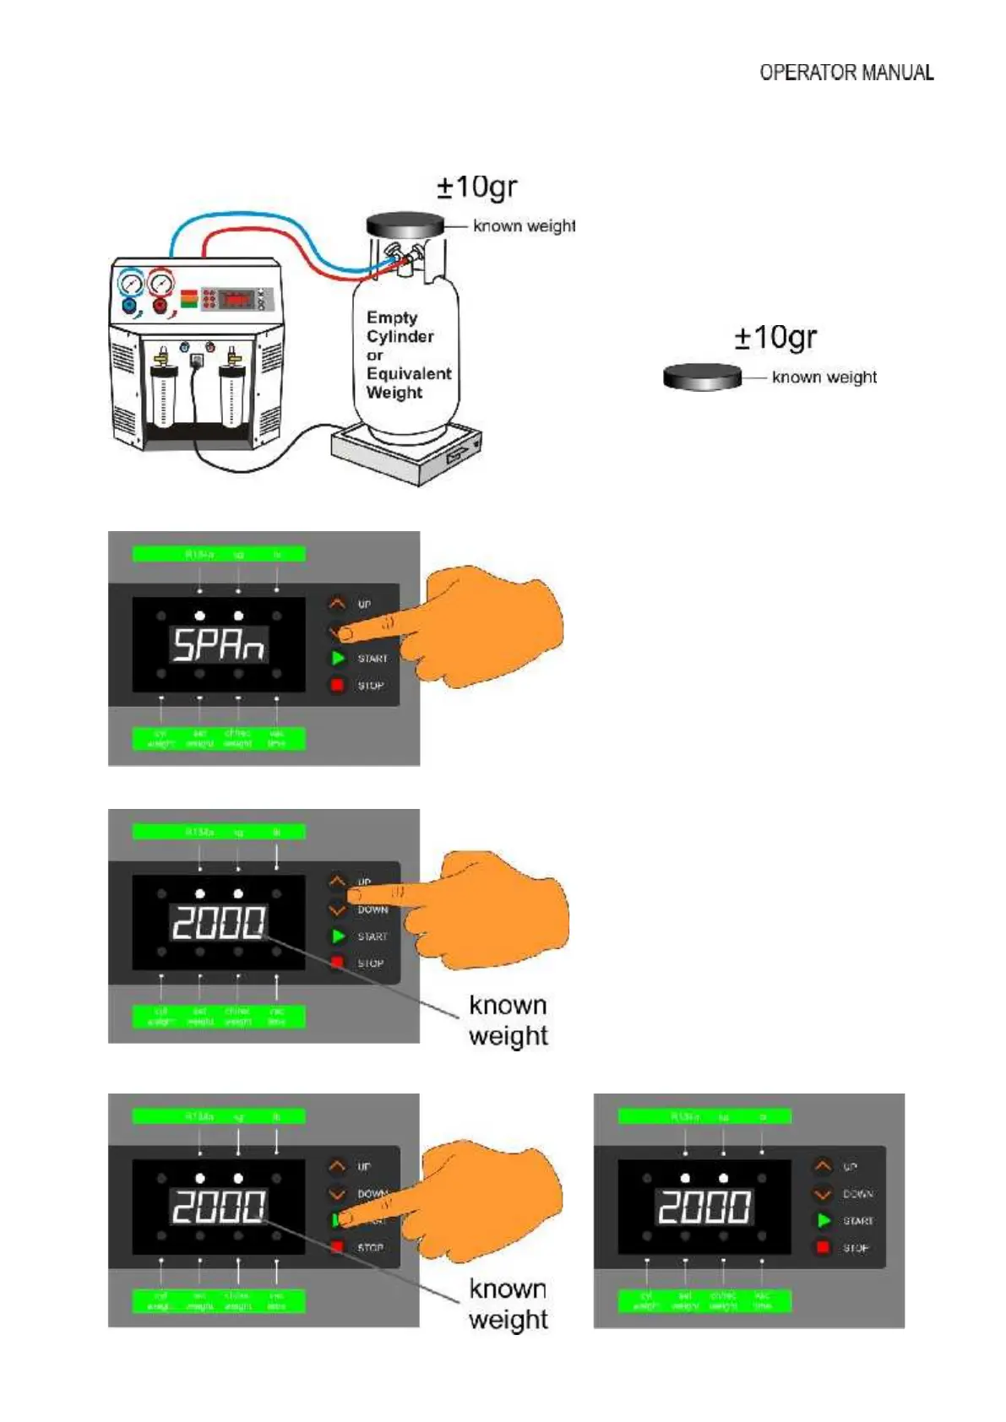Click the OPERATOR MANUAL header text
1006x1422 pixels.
[846, 73]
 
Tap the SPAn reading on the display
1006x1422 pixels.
[219, 646]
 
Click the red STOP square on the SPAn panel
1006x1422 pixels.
[337, 685]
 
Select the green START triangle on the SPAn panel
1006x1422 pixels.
[338, 658]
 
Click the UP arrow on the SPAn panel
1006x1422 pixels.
[337, 604]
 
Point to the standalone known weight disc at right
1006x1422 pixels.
[702, 377]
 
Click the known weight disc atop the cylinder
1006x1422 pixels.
[405, 225]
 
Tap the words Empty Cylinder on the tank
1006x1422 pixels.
[400, 327]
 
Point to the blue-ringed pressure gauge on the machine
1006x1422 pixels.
[132, 283]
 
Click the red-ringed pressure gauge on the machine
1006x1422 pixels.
[160, 283]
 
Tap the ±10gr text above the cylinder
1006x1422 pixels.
[476, 187]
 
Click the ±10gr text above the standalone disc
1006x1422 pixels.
[775, 338]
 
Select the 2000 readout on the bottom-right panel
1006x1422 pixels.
[704, 1207]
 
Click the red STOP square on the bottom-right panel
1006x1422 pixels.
[823, 1247]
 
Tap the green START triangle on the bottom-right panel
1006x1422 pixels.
[824, 1220]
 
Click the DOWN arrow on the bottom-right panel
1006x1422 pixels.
[823, 1194]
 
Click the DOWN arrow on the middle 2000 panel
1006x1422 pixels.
[337, 910]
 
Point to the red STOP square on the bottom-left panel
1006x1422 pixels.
[337, 1246]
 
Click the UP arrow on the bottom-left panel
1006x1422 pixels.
[337, 1167]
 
